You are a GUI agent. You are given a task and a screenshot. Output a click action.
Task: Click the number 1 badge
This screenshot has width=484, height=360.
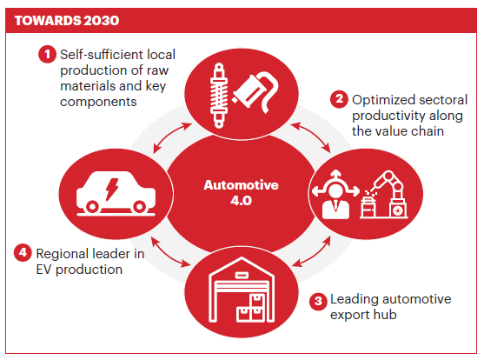pyautogui.click(x=47, y=54)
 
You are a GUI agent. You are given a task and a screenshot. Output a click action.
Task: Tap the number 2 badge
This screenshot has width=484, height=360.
pyautogui.click(x=339, y=99)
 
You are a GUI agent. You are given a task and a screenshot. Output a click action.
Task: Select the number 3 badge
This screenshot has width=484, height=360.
pyautogui.click(x=318, y=301)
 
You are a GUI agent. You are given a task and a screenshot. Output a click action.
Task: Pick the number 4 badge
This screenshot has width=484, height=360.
pyautogui.click(x=23, y=252)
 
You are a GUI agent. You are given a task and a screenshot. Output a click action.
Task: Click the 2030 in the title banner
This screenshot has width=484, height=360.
pyautogui.click(x=101, y=20)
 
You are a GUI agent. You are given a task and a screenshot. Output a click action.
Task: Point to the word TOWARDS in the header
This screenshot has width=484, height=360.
pyautogui.click(x=48, y=20)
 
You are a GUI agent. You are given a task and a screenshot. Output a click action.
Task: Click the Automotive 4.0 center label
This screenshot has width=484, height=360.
pyautogui.click(x=241, y=192)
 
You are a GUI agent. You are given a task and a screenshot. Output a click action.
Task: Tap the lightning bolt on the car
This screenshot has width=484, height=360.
pyautogui.click(x=112, y=189)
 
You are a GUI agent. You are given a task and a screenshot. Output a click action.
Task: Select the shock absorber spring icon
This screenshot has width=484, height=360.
pyautogui.click(x=219, y=95)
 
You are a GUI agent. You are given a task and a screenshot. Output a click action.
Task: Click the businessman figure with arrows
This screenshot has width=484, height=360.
pyautogui.click(x=335, y=195)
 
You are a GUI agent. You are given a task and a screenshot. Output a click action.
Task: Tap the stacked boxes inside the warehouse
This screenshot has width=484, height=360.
pyautogui.click(x=250, y=308)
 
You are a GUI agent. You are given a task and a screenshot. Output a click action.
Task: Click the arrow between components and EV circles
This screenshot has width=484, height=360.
pyautogui.click(x=173, y=137)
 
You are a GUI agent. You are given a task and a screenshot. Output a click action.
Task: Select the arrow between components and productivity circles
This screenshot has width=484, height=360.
pyautogui.click(x=310, y=137)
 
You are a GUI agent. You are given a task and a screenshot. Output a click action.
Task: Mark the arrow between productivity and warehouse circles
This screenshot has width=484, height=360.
pyautogui.click(x=311, y=251)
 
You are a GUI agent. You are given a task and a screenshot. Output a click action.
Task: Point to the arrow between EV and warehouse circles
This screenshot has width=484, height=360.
pyautogui.click(x=171, y=252)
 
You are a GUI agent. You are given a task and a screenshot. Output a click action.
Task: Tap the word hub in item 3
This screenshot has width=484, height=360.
pyautogui.click(x=385, y=315)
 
